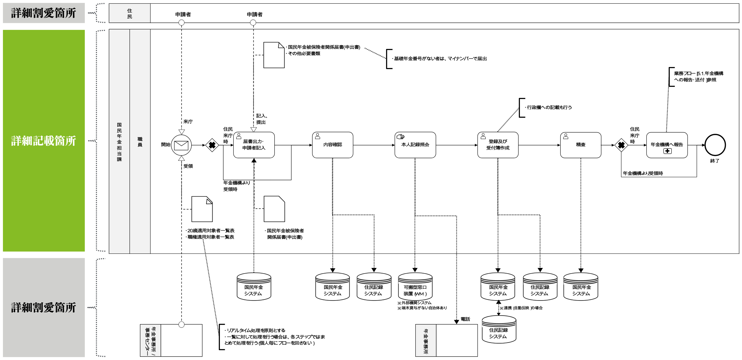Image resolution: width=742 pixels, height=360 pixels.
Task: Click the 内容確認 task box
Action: pyautogui.click(x=333, y=145)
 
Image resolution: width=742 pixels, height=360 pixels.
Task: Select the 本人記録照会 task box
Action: pyautogui.click(x=415, y=145)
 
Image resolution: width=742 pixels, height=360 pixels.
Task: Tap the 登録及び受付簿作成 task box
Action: pyautogui.click(x=498, y=145)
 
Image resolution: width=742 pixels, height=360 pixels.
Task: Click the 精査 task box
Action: pyautogui.click(x=581, y=145)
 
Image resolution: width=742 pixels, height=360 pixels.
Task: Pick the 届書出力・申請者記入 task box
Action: pyautogui.click(x=254, y=145)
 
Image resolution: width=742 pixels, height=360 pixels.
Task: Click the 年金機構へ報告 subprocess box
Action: pyautogui.click(x=667, y=145)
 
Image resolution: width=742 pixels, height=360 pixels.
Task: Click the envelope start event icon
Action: pyautogui.click(x=181, y=145)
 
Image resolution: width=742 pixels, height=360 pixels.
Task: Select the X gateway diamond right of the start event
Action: pyautogui.click(x=212, y=145)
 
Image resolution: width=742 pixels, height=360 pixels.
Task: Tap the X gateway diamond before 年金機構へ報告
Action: pyautogui.click(x=621, y=145)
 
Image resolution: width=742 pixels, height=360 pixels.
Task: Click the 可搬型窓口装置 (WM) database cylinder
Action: pyautogui.click(x=415, y=286)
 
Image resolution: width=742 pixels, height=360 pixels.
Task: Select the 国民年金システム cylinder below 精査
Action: pyautogui.click(x=581, y=286)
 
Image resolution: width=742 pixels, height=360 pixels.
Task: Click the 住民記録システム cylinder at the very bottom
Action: pyautogui.click(x=499, y=329)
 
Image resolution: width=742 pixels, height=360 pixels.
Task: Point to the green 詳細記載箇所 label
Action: pyautogui.click(x=44, y=141)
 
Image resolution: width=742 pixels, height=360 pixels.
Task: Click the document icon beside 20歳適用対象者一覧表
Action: pyautogui.click(x=202, y=209)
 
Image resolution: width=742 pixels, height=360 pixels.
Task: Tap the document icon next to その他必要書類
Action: pyautogui.click(x=274, y=55)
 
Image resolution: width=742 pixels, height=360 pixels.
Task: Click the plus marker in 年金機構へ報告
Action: pyautogui.click(x=667, y=151)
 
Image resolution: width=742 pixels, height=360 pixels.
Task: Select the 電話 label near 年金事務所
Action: pyautogui.click(x=465, y=319)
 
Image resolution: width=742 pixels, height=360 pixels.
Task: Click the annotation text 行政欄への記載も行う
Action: pyautogui.click(x=549, y=108)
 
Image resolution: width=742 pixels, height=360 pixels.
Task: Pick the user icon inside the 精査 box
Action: pyautogui.click(x=566, y=136)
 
